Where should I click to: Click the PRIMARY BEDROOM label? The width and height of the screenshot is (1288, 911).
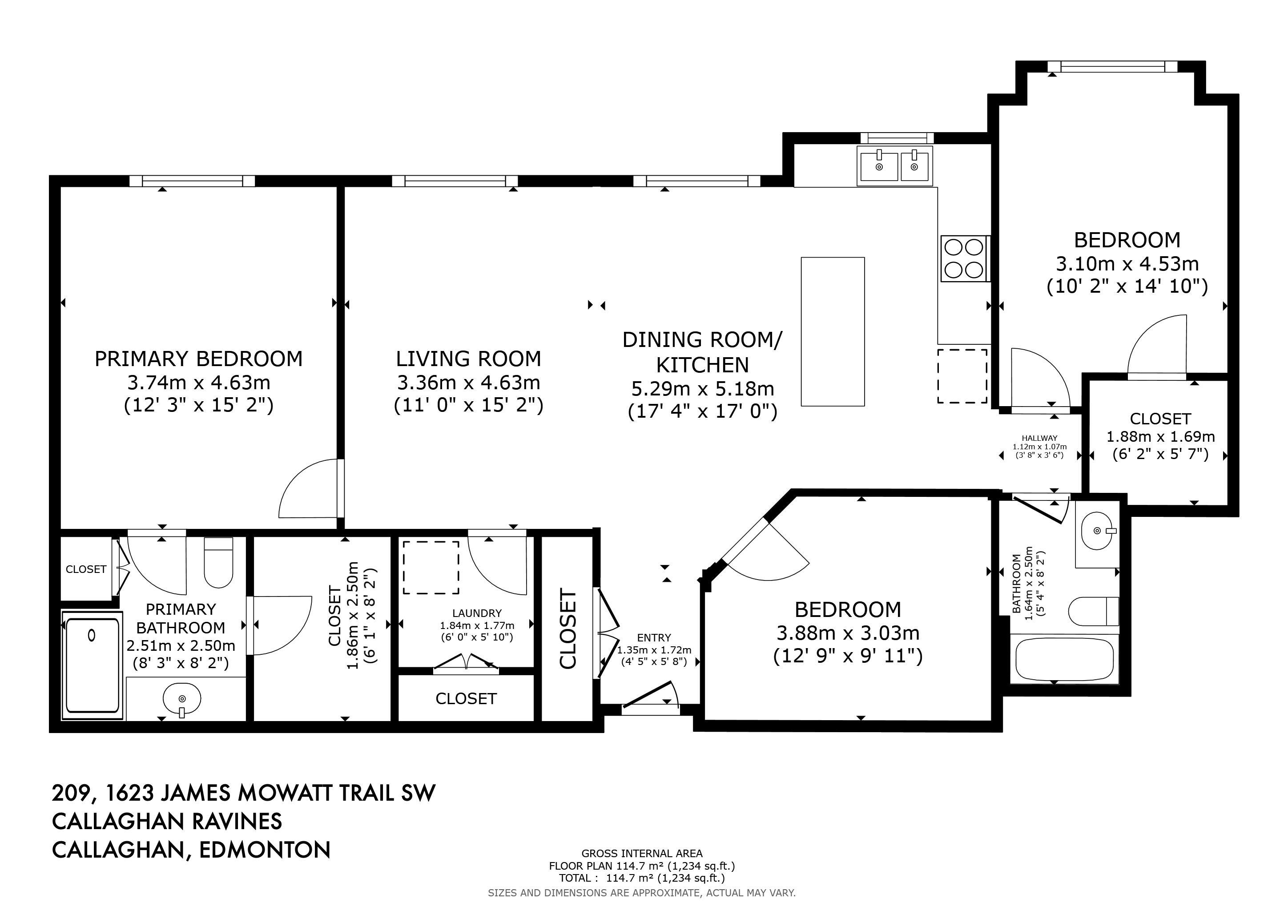click(x=199, y=359)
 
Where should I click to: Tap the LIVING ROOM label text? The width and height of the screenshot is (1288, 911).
click(x=468, y=359)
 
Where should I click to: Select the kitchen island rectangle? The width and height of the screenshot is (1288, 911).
click(x=833, y=331)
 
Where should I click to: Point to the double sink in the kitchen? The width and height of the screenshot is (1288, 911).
click(x=895, y=165)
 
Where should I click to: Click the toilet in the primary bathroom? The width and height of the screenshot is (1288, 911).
click(x=218, y=562)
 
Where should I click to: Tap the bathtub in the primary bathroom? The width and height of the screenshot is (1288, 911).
click(x=92, y=665)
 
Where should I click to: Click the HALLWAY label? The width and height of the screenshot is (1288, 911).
click(x=1039, y=438)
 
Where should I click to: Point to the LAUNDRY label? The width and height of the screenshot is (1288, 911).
click(x=477, y=613)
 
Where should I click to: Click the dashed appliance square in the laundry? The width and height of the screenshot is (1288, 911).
click(x=431, y=567)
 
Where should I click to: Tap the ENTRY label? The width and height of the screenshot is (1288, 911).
click(x=654, y=638)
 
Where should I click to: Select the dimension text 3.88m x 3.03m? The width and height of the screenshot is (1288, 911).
click(x=848, y=633)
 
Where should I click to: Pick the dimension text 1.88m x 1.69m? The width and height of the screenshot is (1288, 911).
click(x=1160, y=436)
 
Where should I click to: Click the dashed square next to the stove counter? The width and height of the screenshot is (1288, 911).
click(x=962, y=375)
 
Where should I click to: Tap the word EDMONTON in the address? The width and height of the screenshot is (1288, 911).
click(x=265, y=850)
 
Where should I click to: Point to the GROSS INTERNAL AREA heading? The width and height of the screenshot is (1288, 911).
click(x=642, y=853)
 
